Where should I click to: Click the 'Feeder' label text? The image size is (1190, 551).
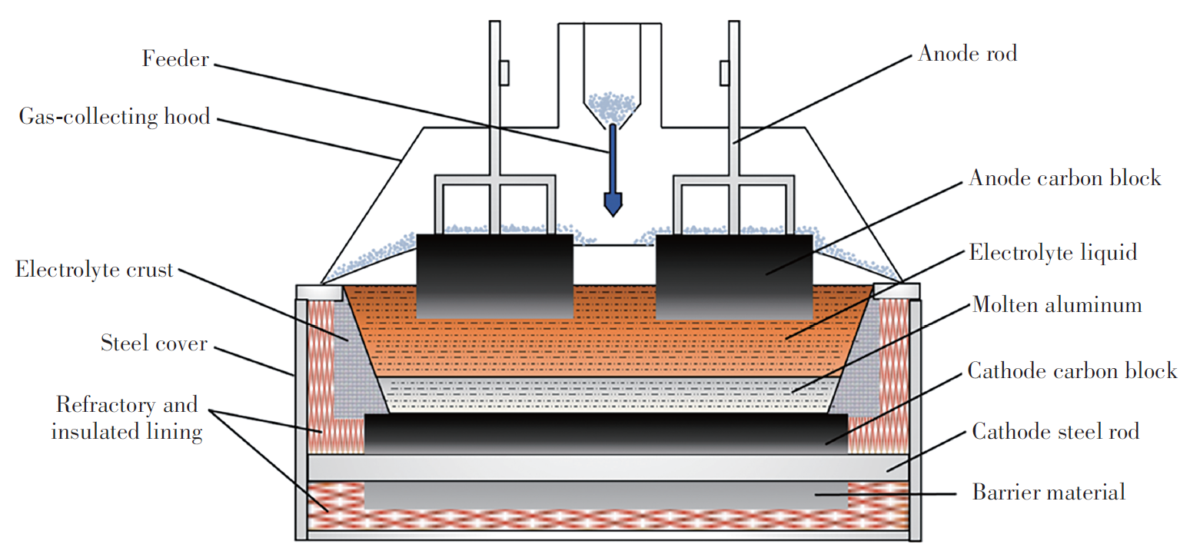click(175, 59)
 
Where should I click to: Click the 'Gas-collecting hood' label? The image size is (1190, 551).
click(115, 118)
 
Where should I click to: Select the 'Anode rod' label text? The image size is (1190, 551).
click(967, 54)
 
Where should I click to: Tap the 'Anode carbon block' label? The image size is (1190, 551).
click(1064, 178)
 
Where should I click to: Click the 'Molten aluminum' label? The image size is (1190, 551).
click(1056, 305)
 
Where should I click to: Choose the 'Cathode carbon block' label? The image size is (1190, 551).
click(1072, 371)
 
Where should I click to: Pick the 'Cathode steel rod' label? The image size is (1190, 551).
click(1055, 431)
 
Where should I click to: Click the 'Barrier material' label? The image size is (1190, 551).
click(1049, 492)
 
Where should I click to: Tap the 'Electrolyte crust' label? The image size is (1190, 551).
click(94, 271)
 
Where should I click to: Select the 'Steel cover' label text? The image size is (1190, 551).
click(154, 343)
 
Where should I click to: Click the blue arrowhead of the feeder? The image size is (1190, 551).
click(613, 204)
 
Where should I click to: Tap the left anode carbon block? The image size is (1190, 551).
click(494, 276)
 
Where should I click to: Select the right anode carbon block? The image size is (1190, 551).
click(733, 276)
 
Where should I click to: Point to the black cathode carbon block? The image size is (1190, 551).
click(606, 434)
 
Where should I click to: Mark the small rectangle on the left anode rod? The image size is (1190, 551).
click(504, 73)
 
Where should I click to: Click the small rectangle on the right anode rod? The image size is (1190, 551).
click(723, 73)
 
